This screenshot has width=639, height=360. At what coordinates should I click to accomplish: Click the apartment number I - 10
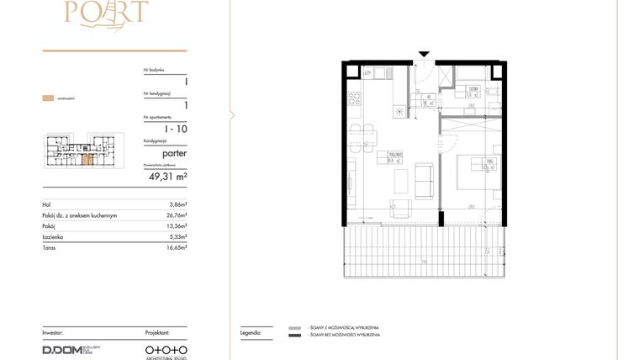(176, 129)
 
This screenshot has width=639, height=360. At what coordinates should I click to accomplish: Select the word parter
(175, 154)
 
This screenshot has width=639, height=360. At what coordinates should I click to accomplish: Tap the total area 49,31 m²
(168, 177)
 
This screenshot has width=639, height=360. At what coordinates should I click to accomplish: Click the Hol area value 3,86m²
(177, 205)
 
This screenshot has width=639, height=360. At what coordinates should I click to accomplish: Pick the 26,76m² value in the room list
(176, 216)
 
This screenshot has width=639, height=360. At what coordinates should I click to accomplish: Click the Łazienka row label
(53, 237)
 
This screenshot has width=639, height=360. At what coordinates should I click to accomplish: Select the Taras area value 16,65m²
(176, 248)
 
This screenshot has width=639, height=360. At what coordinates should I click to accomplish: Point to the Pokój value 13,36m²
(176, 226)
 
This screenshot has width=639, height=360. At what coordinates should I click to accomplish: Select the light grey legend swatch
(294, 328)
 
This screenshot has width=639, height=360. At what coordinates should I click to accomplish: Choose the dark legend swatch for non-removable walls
(294, 336)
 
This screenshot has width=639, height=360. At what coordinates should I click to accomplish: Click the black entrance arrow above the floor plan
(424, 56)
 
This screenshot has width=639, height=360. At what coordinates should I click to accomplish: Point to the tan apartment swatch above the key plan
(48, 98)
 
